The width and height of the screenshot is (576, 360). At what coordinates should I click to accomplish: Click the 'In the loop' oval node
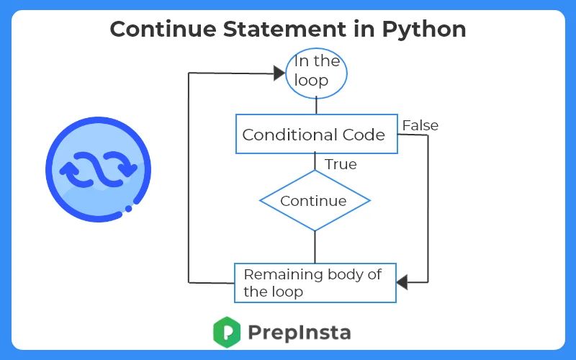[x=317, y=71]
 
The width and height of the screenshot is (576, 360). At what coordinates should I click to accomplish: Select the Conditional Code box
[x=317, y=134]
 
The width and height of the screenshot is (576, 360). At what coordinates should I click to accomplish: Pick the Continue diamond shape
[x=315, y=201]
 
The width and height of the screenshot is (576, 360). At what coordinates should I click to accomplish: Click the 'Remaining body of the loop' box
[x=315, y=282]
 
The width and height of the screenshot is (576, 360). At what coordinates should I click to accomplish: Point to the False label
[x=420, y=125]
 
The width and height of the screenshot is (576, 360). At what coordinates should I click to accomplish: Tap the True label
[x=341, y=164]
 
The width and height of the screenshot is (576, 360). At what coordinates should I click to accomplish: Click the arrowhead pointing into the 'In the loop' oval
[x=278, y=72]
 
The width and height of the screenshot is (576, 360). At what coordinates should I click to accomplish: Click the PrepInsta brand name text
[x=299, y=333]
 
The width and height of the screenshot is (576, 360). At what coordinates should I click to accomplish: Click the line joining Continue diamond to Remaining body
[x=315, y=247]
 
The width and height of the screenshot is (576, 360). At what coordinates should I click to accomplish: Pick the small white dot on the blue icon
[x=129, y=209]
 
